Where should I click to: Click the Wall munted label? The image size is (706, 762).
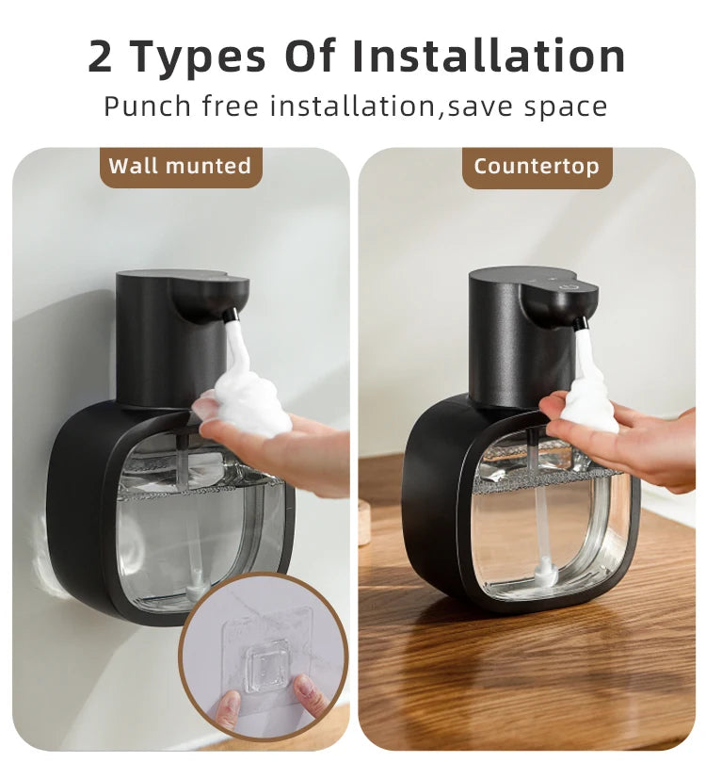180,167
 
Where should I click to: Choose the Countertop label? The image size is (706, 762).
536,167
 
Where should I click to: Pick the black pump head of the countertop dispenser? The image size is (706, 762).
513,330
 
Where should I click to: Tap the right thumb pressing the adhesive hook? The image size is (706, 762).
306,692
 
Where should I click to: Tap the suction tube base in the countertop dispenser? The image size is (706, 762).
545,572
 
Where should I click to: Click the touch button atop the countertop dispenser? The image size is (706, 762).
569,284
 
